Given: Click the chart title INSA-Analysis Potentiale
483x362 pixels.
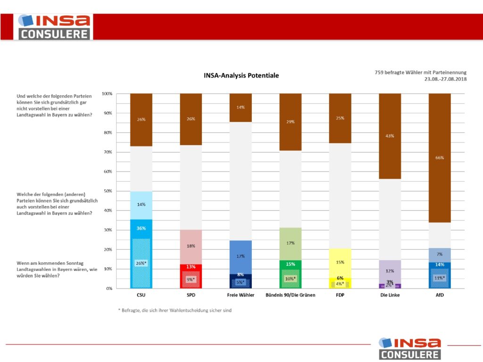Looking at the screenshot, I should [241, 75].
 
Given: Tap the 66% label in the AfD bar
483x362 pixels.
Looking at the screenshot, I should [439, 158].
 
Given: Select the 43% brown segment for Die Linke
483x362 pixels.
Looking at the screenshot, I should [390, 136].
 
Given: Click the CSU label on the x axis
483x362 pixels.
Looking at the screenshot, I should [141, 296].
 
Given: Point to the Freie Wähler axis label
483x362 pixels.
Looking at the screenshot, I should [241, 296].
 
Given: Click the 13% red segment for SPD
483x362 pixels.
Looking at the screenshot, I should [191, 267].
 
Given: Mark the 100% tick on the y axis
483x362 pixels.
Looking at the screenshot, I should [106, 94].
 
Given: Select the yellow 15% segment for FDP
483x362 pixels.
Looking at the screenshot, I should [340, 262].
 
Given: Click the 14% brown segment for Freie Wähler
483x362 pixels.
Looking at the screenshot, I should [241, 107].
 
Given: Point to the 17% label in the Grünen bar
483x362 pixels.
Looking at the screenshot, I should [291, 243].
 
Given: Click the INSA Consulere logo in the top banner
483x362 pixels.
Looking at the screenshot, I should [54, 27].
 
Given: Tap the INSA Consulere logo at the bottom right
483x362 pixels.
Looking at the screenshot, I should [409, 348].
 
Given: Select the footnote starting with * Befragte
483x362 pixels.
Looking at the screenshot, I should [175, 310].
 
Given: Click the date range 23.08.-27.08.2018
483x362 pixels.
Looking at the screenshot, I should [445, 80].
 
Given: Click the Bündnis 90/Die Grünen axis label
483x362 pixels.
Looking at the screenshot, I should [291, 296].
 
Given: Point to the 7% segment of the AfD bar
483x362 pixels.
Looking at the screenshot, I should [439, 255].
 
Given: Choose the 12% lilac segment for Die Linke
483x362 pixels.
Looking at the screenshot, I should [390, 271].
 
